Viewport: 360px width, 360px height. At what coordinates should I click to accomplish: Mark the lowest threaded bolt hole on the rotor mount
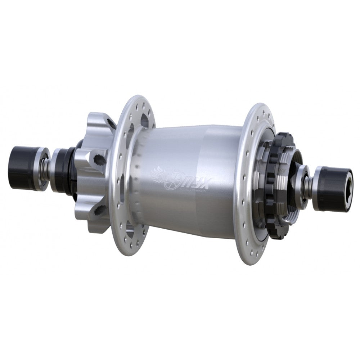click(100, 209)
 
